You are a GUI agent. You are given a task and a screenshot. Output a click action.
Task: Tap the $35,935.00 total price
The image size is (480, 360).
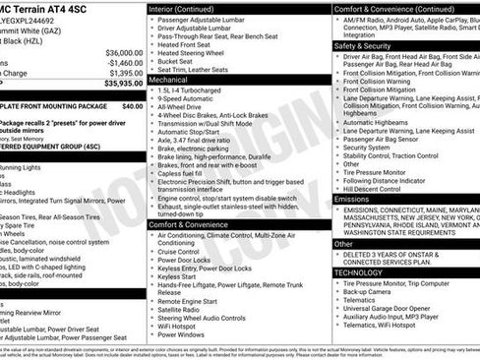(118, 83)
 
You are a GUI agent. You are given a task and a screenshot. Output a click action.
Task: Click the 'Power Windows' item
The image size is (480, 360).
(188, 334)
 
